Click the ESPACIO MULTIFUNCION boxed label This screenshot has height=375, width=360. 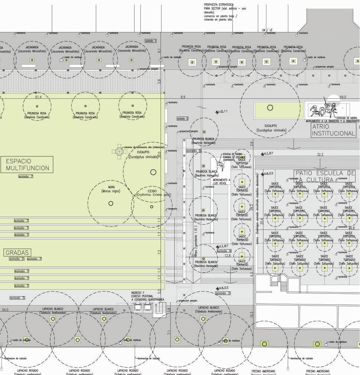[27, 164]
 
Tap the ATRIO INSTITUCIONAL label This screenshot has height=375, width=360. [333, 130]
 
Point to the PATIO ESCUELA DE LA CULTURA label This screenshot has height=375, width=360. [324, 176]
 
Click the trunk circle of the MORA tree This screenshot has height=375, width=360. [111, 203]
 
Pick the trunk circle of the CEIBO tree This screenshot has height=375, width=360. [152, 207]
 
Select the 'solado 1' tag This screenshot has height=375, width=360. [150, 41]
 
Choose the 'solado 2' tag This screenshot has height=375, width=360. [182, 118]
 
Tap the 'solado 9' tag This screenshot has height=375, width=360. [194, 151]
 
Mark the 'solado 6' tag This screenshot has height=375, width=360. [224, 251]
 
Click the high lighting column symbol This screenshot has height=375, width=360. [119, 151]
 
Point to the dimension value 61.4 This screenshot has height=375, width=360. [38, 97]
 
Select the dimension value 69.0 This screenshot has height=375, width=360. [343, 97]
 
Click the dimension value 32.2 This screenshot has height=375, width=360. [320, 154]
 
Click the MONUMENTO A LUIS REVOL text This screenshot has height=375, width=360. [222, 182]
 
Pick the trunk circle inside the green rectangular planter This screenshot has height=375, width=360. [270, 108]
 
